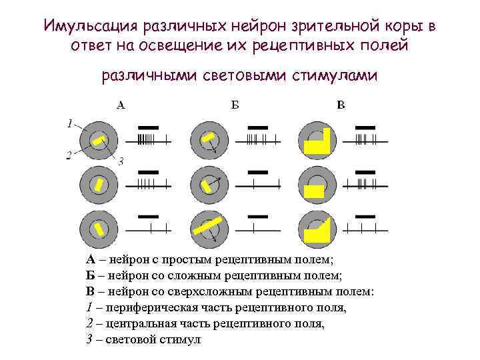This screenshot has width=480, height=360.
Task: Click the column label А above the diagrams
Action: tap(121, 105)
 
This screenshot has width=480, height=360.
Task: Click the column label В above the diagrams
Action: tap(341, 105)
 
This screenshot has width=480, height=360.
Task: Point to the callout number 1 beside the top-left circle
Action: tap(69, 123)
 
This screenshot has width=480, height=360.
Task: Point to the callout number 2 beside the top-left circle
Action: tap(69, 155)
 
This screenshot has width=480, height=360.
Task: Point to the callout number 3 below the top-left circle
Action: tap(121, 161)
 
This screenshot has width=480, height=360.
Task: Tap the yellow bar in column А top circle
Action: tap(99, 141)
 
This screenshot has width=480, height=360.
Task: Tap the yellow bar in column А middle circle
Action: tap(99, 185)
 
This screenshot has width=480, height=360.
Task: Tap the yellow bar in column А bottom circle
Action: tap(99, 229)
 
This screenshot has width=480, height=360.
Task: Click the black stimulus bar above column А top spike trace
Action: tap(147, 127)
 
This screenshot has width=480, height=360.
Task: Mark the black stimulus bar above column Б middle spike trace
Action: tap(257, 171)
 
